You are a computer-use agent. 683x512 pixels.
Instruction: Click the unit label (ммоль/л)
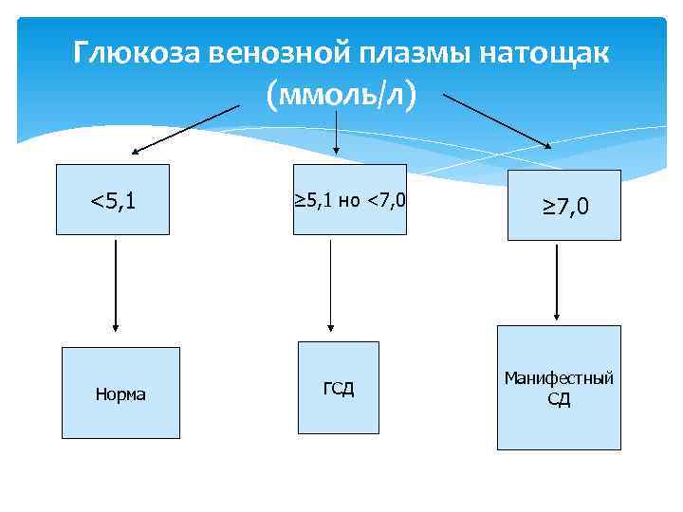coord(341,95)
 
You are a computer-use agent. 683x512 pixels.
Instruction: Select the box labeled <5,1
coord(114,200)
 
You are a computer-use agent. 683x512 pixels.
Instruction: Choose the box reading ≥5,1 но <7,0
coord(348,200)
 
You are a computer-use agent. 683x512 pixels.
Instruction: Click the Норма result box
coord(120,393)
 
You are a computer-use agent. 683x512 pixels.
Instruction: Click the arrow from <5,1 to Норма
coord(115,284)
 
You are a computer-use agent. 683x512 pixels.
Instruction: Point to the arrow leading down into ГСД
coord(330,285)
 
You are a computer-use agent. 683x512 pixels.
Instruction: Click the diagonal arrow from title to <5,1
coord(185,129)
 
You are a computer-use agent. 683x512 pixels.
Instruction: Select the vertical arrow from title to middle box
coord(338,131)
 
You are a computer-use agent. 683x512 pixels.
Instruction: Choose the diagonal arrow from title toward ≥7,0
coord(499,120)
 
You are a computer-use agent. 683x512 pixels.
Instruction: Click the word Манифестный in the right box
coord(559,378)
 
